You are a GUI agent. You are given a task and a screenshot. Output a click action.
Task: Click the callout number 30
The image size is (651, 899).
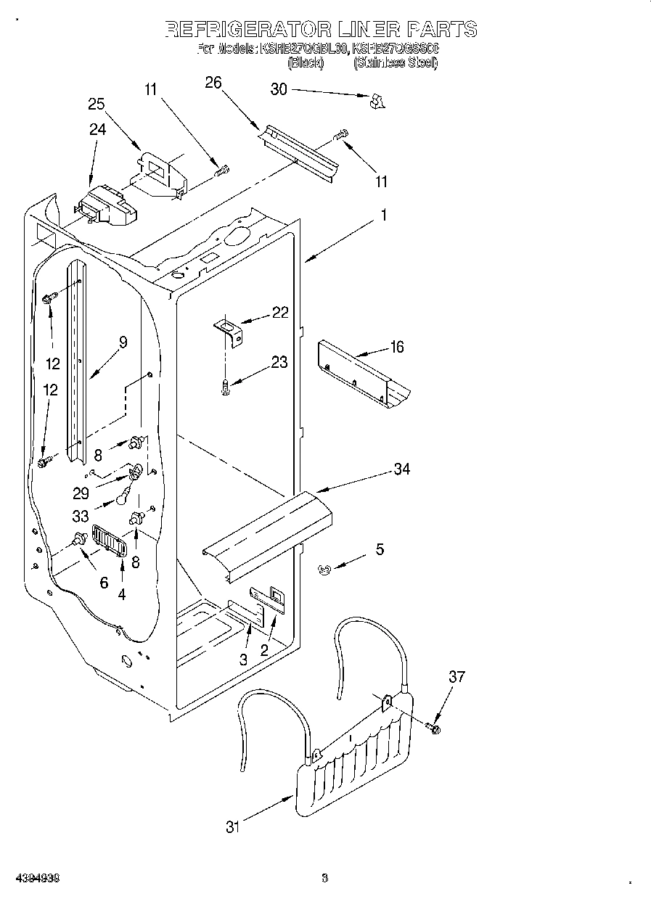coord(279,89)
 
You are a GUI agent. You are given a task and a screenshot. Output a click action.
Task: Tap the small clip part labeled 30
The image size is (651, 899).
coord(375,102)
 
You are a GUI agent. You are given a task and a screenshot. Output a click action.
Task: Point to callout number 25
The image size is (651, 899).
coord(97,104)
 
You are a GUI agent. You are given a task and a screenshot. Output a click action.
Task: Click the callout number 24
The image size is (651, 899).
coord(97,130)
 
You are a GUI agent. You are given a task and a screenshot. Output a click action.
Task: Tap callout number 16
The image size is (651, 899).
coord(396,347)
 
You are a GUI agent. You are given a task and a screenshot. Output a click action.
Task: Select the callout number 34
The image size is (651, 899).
coord(401,469)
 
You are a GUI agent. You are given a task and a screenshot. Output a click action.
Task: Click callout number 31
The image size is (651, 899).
coord(232,826)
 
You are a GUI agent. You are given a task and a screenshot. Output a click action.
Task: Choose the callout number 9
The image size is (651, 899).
coord(123,342)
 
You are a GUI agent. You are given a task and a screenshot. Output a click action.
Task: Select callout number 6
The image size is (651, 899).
coord(103,582)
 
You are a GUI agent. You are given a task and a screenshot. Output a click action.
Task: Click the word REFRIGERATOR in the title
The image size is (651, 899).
coord(246,29)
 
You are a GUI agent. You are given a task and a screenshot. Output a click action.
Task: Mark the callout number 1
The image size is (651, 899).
coord(383,215)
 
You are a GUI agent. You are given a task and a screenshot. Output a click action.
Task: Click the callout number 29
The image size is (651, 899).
coord(81,493)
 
